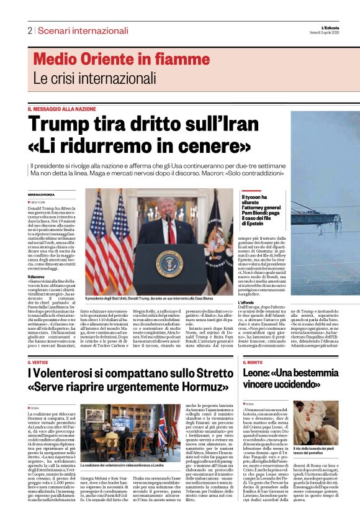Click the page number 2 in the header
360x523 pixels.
point(30,30)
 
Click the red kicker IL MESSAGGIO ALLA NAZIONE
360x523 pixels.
point(61,109)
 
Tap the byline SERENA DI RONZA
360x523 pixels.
point(41,194)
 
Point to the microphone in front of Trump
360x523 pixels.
point(167,221)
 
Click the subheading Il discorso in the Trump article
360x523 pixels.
point(36,276)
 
